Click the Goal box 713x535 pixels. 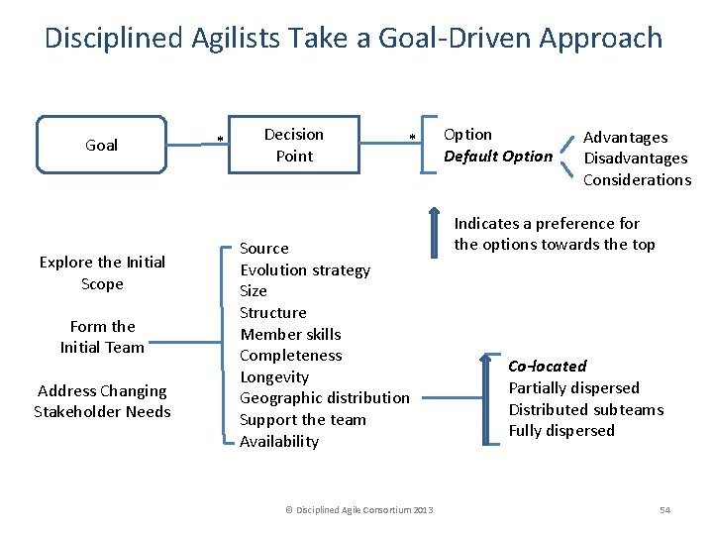(102, 145)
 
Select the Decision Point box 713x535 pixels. (293, 145)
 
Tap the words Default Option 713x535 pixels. (498, 157)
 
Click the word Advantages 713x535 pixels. (625, 138)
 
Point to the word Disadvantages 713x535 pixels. (635, 159)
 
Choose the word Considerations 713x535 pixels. (637, 179)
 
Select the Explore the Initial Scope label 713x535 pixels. (102, 272)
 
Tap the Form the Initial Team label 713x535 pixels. (102, 336)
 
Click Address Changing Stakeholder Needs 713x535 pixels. (102, 400)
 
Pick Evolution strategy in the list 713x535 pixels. (305, 269)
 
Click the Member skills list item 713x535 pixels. (290, 334)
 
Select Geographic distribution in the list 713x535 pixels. (325, 397)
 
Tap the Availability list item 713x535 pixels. (279, 441)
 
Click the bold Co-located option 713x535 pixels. (548, 366)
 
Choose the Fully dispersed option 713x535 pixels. (561, 430)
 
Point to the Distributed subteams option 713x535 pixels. (586, 409)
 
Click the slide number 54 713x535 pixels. (664, 510)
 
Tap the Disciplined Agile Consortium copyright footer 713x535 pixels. (359, 510)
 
